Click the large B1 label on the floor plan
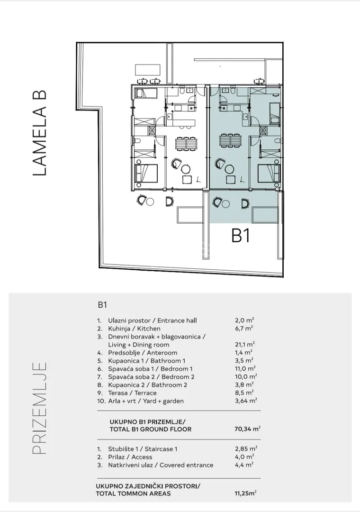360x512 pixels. pyautogui.click(x=241, y=236)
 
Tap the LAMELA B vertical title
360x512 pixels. pyautogui.click(x=40, y=133)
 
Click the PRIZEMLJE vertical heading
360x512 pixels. pyautogui.click(x=40, y=408)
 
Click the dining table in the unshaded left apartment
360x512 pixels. pyautogui.click(x=186, y=143)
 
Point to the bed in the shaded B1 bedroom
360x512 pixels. pyautogui.click(x=269, y=173)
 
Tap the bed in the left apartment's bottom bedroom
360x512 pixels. pyautogui.click(x=146, y=173)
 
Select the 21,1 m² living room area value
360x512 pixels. pyautogui.click(x=245, y=344)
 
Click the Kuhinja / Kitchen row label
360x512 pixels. pyautogui.click(x=134, y=329)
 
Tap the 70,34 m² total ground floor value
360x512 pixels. pyautogui.click(x=247, y=429)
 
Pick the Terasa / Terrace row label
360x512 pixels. pyautogui.click(x=132, y=393)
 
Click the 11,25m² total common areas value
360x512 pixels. pyautogui.click(x=245, y=493)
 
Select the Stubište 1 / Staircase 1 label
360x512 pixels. pyautogui.click(x=143, y=449)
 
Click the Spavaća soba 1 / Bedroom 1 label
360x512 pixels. pyautogui.click(x=151, y=369)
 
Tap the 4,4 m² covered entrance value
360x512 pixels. pyautogui.click(x=244, y=465)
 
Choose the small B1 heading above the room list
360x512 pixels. pyautogui.click(x=102, y=305)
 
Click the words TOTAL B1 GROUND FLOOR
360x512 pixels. pyautogui.click(x=151, y=429)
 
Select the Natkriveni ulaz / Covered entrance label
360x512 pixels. pyautogui.click(x=161, y=465)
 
